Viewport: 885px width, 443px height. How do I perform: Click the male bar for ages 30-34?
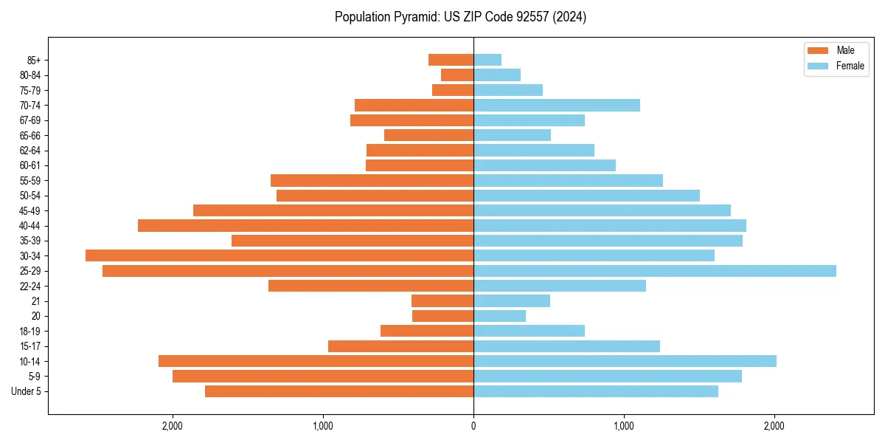point(280,255)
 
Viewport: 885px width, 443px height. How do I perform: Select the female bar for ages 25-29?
point(655,271)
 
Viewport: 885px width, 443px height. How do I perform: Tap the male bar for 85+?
point(451,60)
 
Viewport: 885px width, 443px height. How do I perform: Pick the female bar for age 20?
point(499,316)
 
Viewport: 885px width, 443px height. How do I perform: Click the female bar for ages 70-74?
point(557,105)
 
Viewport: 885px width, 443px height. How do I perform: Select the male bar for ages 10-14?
point(316,361)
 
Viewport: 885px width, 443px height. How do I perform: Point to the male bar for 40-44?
point(305,225)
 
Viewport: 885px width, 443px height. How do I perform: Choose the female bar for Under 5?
point(596,391)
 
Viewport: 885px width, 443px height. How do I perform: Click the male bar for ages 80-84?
point(457,75)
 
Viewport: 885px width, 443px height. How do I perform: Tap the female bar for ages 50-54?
point(586,196)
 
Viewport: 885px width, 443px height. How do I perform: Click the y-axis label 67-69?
point(30,120)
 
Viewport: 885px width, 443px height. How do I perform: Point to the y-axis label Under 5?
point(27,391)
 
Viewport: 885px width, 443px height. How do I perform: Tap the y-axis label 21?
point(36,301)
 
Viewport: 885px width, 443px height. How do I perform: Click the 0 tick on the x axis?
point(473,426)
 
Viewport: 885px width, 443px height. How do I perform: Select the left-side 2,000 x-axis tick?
point(173,426)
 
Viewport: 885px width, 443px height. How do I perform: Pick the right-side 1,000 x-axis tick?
point(624,426)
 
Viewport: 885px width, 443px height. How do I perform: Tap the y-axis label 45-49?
point(30,210)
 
